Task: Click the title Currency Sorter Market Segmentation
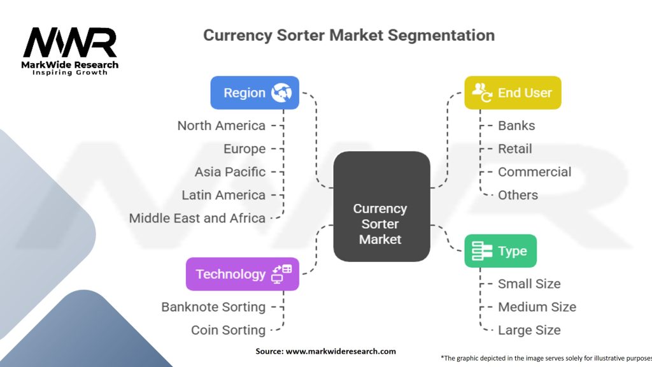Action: [348, 35]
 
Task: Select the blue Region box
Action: [255, 93]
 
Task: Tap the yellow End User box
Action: [513, 93]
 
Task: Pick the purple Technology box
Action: [242, 274]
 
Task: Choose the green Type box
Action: [500, 251]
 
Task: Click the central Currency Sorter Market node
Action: [381, 224]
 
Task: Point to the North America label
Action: [221, 126]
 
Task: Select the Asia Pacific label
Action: [230, 172]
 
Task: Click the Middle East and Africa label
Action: [197, 218]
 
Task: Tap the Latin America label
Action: [223, 195]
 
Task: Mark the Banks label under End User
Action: [516, 126]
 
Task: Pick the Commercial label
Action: [534, 172]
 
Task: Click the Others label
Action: [518, 195]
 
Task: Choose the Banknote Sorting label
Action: [213, 307]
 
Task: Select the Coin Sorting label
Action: [228, 330]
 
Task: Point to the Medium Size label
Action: [537, 307]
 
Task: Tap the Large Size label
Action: [529, 330]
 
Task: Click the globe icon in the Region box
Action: [281, 93]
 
